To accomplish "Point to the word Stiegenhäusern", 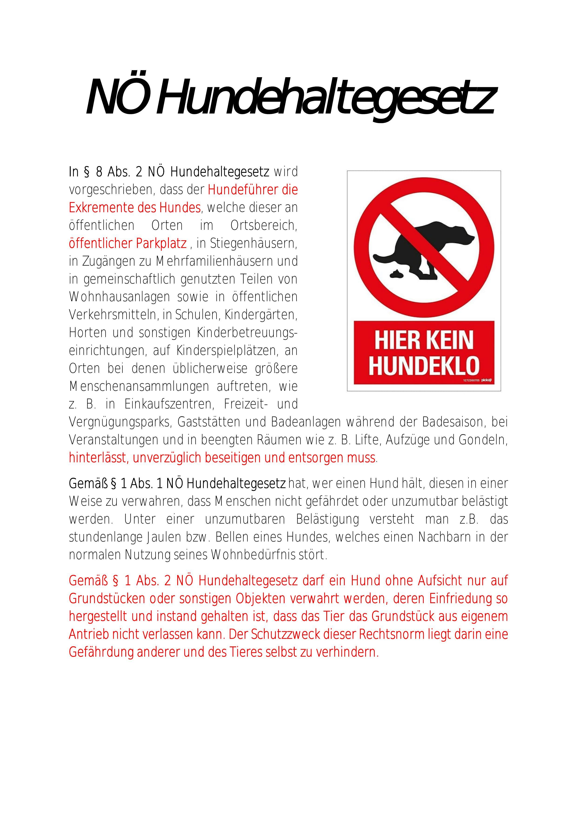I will [x=253, y=244].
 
